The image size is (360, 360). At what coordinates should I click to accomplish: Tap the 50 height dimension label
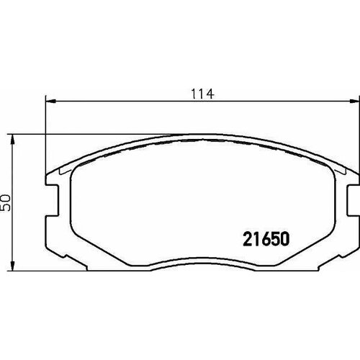coord(6,201)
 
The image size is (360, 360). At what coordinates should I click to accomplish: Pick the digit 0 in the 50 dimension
coord(6,196)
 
